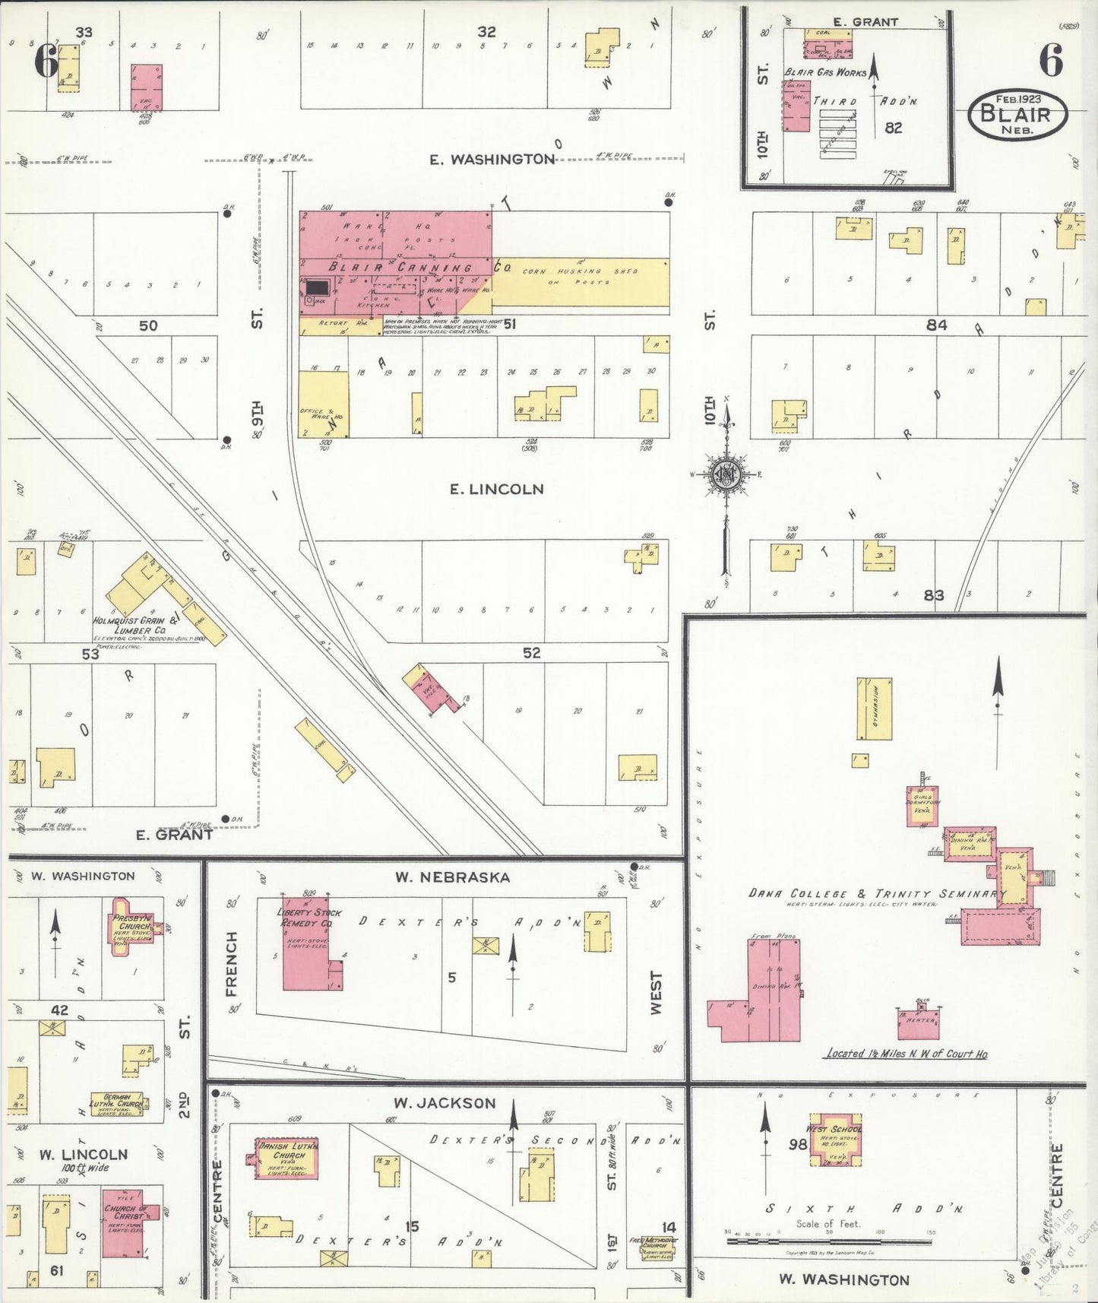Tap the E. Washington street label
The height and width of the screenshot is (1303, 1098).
(x=492, y=159)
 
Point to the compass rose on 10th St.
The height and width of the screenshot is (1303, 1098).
(x=726, y=475)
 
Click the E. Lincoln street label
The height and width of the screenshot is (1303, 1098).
(x=497, y=489)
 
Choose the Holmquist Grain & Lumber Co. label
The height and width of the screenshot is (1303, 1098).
(x=129, y=626)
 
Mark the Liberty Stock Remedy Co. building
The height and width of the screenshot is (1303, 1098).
(x=307, y=950)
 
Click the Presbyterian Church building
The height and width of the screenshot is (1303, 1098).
(x=133, y=924)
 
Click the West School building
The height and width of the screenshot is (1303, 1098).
(x=834, y=1144)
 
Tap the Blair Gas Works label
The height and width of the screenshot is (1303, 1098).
(x=825, y=72)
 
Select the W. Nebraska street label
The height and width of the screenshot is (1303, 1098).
(x=451, y=877)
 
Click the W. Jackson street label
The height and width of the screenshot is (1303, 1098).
(x=445, y=1103)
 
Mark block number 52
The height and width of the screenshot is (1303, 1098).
(x=531, y=652)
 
